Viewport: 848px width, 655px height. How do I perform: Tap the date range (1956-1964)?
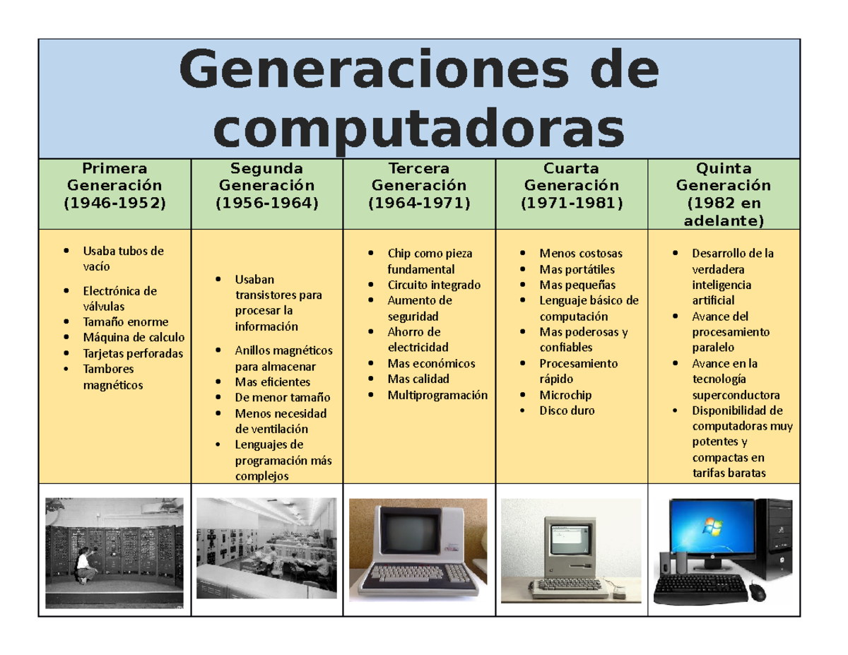point(266,203)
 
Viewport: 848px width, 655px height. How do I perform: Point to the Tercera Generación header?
point(419,177)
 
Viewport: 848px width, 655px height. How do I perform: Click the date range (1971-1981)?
point(571,203)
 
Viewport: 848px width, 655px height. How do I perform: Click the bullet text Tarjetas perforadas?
point(133,353)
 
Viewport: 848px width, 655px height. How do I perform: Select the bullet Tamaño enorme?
point(125,322)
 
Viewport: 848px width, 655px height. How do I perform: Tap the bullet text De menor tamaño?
point(282,397)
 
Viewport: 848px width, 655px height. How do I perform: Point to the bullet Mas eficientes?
point(272,382)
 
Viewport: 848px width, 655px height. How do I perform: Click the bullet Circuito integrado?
point(433,285)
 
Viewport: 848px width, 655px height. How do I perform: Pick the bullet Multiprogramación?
point(437,395)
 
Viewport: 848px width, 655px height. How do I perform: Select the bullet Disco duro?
point(567,411)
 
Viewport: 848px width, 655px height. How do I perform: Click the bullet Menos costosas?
point(581,253)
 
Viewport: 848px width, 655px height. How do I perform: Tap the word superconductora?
point(736,395)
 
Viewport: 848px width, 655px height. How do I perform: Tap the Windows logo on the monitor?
point(707,526)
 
